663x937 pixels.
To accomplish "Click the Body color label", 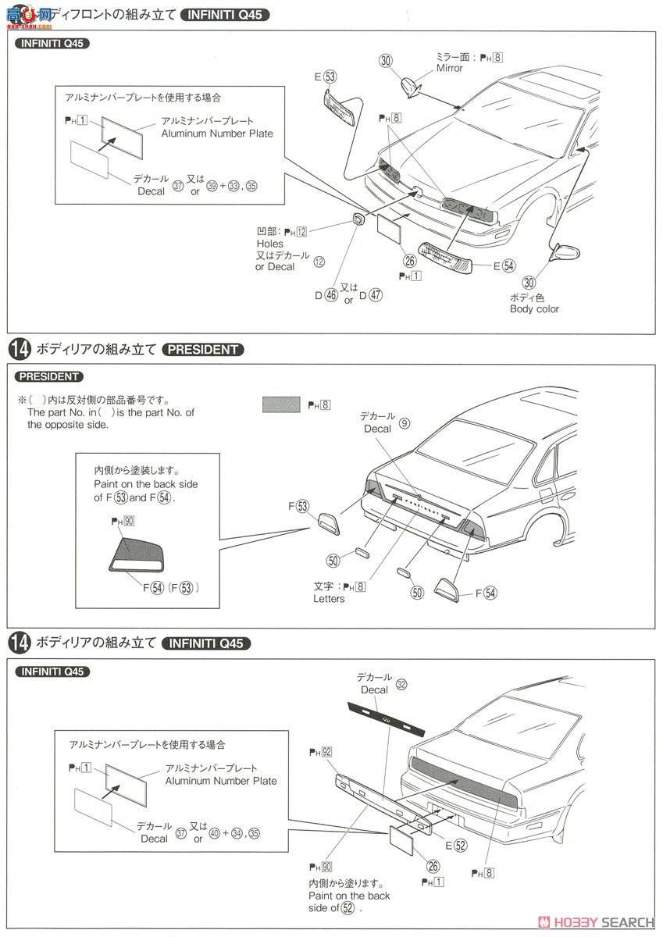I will point(534,308).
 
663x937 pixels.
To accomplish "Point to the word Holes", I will point(270,244).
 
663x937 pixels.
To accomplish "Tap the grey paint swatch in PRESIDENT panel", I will point(281,404).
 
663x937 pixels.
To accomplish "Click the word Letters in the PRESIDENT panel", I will point(329,599).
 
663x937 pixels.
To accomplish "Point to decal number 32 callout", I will point(401,684).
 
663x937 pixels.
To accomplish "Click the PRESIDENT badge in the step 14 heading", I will point(203,349).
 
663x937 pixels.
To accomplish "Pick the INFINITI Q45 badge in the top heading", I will point(224,14).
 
